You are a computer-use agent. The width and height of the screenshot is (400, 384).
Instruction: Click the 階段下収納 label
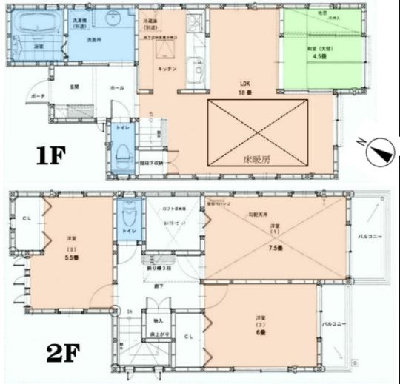pyautogui.click(x=156, y=161)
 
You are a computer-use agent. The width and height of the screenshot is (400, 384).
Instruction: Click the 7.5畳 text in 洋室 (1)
pyautogui.click(x=275, y=248)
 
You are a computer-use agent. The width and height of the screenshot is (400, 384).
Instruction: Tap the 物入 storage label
pyautogui.click(x=158, y=320)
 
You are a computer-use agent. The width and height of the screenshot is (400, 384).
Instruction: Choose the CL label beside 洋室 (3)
pyautogui.click(x=25, y=218)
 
